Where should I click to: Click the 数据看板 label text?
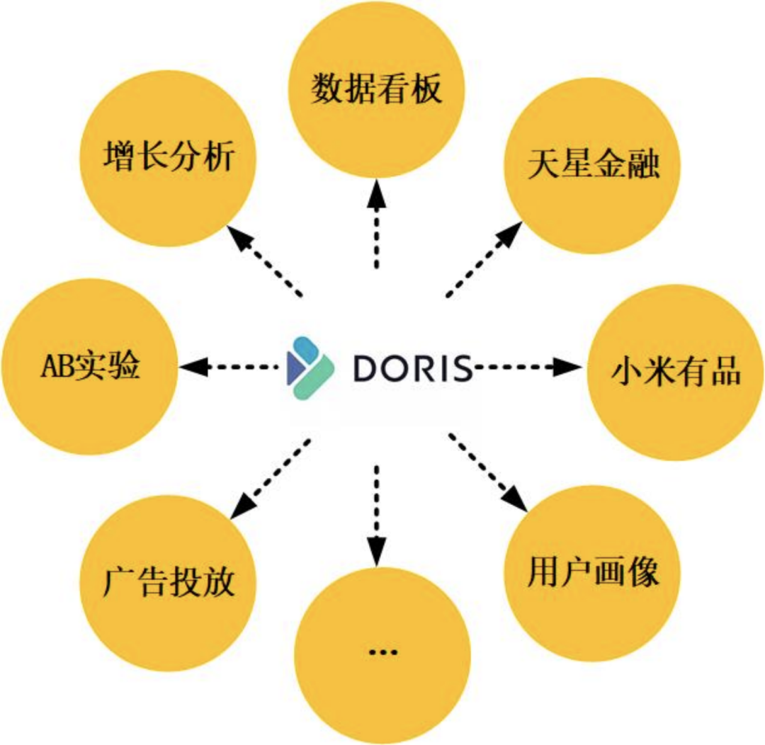377,90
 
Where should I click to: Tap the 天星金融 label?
594,165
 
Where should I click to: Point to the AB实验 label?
89,368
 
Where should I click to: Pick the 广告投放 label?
168,583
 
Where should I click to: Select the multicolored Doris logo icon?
310,366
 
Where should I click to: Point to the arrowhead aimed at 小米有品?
566,367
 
